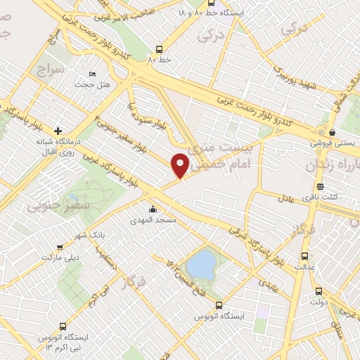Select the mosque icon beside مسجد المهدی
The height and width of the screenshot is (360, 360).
pyautogui.click(x=153, y=209)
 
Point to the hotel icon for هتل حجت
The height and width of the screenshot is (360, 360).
pyautogui.click(x=92, y=74)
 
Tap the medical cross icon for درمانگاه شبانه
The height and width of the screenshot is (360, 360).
pyautogui.click(x=58, y=130)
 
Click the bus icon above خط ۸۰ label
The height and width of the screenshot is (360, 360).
pyautogui.click(x=159, y=49)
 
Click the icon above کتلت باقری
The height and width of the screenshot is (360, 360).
pyautogui.click(x=320, y=186)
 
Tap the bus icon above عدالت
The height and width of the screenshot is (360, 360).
pyautogui.click(x=304, y=256)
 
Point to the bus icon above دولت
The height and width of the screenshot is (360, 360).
pyautogui.click(x=319, y=290)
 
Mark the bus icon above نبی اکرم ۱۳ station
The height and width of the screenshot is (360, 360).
pyautogui.click(x=63, y=327)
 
